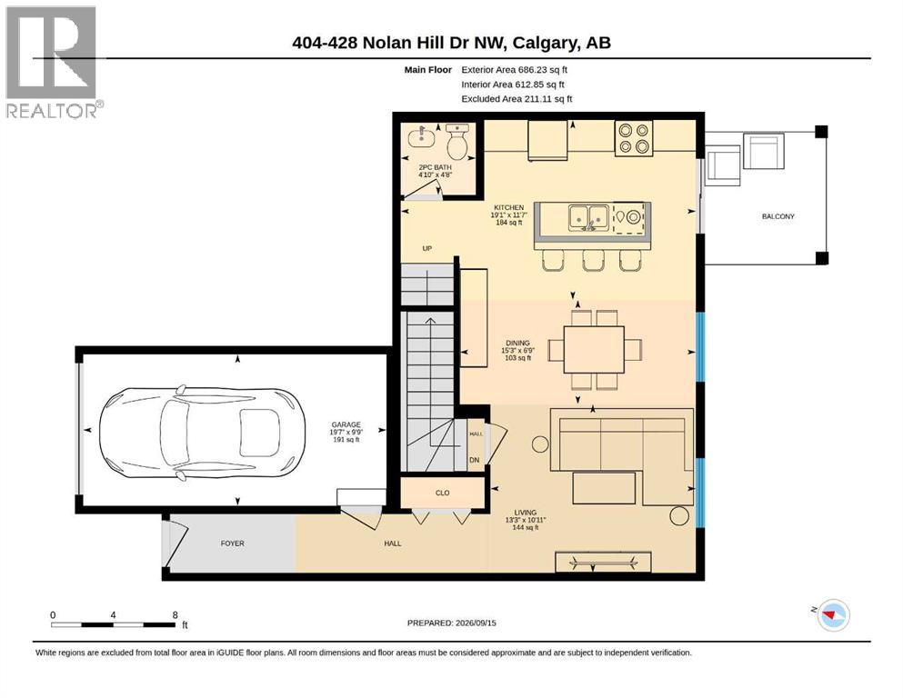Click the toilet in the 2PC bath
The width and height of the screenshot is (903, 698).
(x=457, y=142)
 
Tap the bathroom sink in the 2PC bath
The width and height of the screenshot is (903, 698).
(x=421, y=137)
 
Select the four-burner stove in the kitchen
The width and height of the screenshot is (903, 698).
(x=634, y=139)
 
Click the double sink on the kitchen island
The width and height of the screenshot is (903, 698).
(x=589, y=217)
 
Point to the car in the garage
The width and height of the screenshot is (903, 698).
(x=203, y=433)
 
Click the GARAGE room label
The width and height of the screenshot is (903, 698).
(x=346, y=424)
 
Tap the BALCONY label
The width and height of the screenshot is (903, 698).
(x=778, y=216)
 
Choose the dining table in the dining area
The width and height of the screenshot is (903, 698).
(x=594, y=349)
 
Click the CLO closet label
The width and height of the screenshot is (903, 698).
(x=442, y=494)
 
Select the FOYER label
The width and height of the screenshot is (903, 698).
(x=232, y=543)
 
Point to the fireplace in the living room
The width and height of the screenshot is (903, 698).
(x=603, y=563)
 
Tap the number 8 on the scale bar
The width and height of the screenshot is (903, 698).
(x=176, y=615)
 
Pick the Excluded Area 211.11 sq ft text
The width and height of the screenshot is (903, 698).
(x=517, y=99)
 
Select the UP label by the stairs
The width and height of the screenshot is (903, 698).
(x=426, y=249)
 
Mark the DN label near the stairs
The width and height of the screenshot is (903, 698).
(x=475, y=461)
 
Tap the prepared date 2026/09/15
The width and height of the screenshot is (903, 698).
(x=476, y=623)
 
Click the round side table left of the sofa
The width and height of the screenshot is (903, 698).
(x=540, y=444)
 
